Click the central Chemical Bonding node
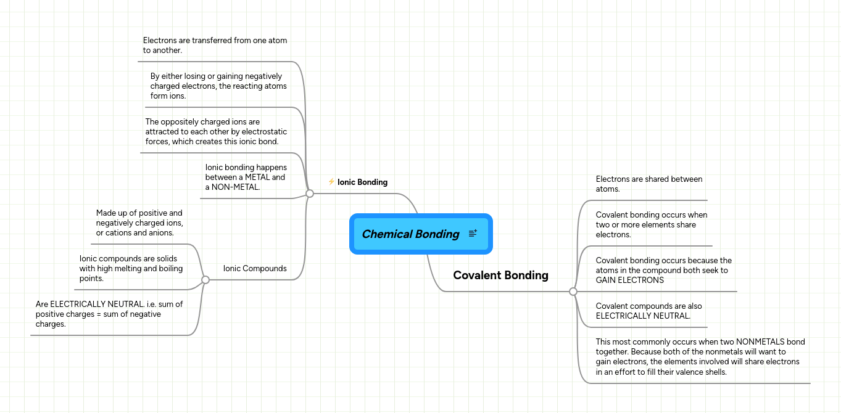[421, 234]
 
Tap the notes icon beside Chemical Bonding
[473, 234]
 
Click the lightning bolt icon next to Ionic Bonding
[331, 182]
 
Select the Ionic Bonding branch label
[362, 182]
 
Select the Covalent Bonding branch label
[500, 275]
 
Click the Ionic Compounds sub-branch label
[255, 268]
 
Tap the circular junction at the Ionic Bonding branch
[310, 194]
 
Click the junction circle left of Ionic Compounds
[205, 280]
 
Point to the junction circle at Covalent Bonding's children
[573, 292]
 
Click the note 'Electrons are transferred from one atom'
[215, 46]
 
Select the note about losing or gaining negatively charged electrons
[218, 86]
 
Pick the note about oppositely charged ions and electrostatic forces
[216, 132]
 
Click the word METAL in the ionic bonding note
[258, 177]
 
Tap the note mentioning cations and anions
[139, 223]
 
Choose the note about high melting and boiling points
[131, 268]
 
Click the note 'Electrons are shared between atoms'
[648, 184]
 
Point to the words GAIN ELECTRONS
[629, 280]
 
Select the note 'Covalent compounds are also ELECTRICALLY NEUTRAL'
[648, 311]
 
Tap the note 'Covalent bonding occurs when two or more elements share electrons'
[652, 225]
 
